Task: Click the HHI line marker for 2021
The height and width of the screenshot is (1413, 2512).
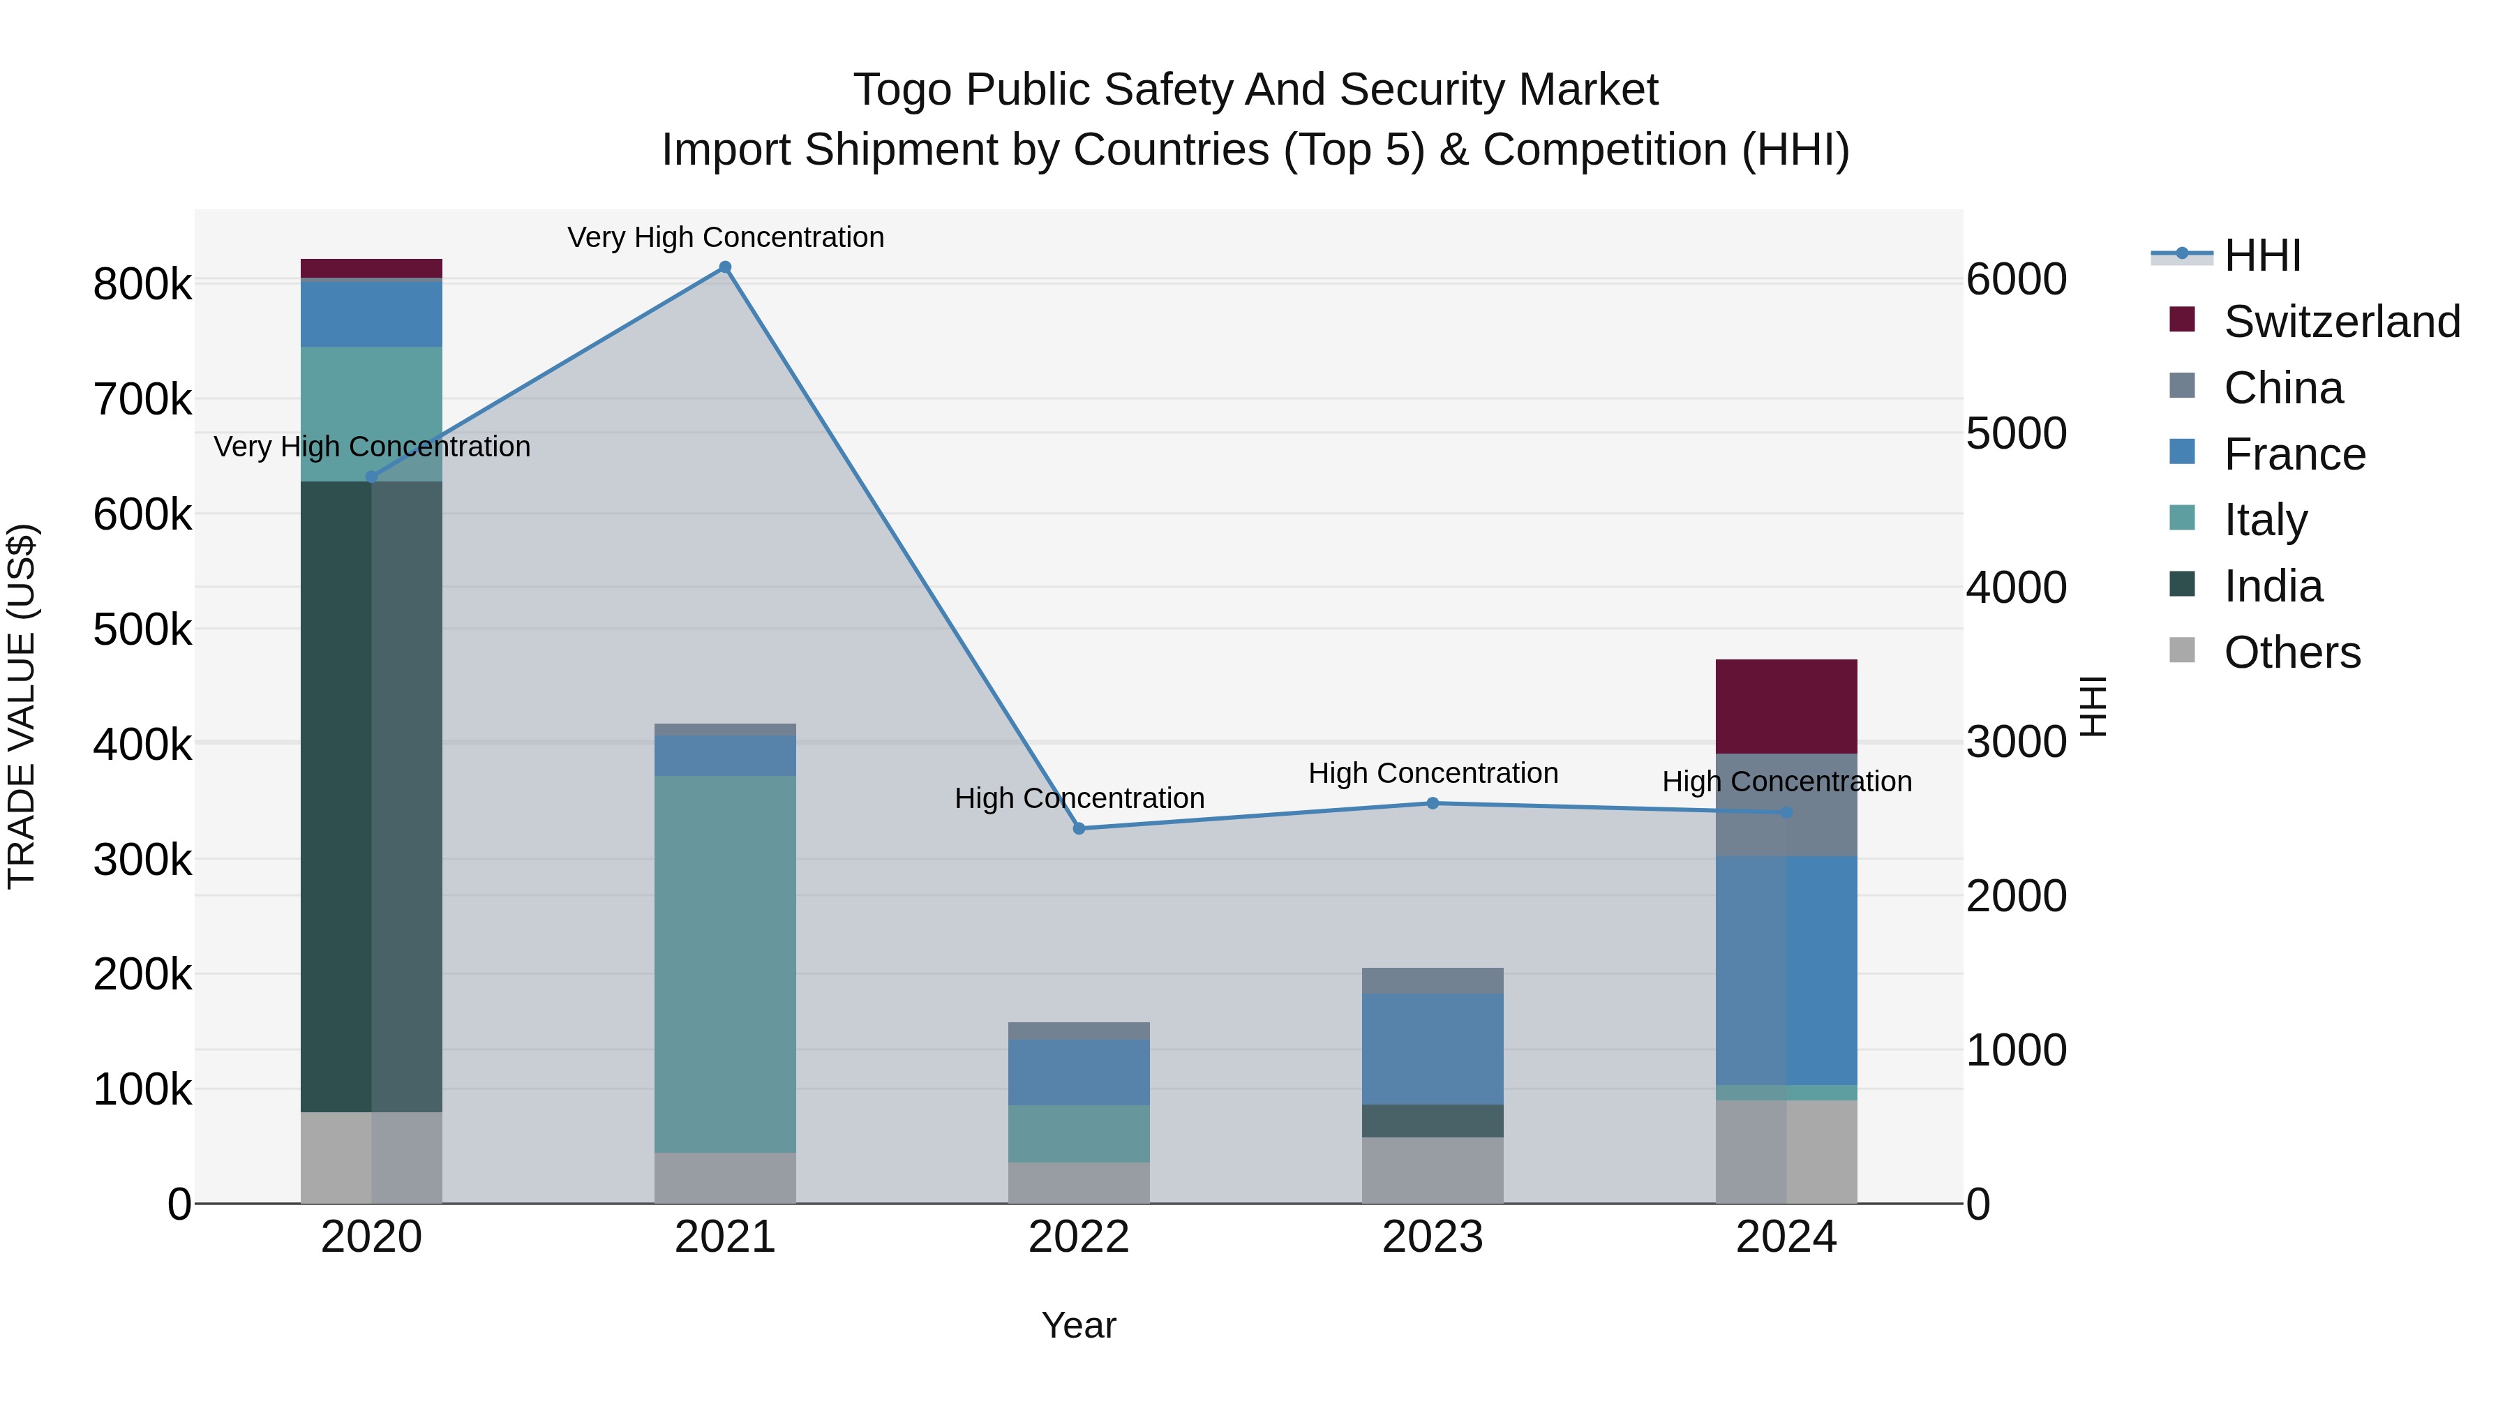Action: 724,267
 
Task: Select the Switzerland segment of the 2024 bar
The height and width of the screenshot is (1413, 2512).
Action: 1786,706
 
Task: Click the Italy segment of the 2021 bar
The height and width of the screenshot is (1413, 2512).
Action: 724,964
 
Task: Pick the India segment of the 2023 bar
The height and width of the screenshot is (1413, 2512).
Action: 1432,1121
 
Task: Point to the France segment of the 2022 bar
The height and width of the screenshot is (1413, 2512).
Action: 1079,1072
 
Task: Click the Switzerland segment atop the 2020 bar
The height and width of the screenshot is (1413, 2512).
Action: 371,268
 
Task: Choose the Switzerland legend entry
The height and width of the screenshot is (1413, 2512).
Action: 2340,322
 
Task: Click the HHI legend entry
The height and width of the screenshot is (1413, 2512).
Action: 2261,255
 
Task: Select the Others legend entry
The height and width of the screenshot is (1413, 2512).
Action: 2291,652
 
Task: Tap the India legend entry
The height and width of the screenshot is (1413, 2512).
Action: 2272,586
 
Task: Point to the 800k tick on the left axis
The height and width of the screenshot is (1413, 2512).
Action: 142,285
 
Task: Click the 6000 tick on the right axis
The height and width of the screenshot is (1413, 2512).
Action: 2014,279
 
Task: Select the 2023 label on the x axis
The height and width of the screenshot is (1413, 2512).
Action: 1432,1237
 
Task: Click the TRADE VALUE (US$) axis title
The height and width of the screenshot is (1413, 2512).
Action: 22,706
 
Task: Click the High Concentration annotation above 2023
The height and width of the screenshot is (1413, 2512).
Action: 1433,773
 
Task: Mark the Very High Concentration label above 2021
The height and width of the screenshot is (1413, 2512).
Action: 726,237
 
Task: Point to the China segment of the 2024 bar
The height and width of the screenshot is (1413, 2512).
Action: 1786,805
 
